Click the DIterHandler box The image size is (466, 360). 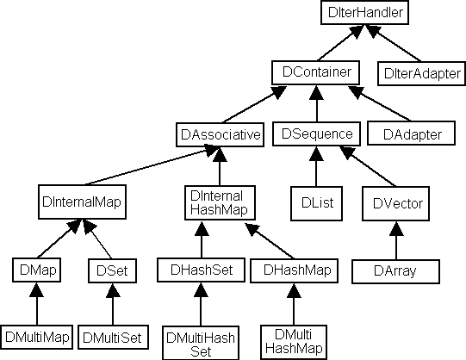click(x=364, y=12)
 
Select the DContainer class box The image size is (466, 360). click(x=315, y=72)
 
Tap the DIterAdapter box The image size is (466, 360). click(x=422, y=73)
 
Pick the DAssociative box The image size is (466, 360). click(x=220, y=134)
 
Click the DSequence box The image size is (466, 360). click(x=316, y=133)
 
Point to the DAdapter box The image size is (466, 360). click(x=412, y=133)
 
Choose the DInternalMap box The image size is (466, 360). click(x=82, y=202)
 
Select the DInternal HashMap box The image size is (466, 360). click(x=220, y=203)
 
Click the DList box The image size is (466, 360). click(x=316, y=204)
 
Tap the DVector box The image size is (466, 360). click(x=396, y=204)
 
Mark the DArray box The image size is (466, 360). click(x=396, y=272)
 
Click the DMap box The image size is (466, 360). click(x=36, y=270)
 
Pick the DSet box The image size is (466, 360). click(x=112, y=271)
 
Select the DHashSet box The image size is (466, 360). click(x=202, y=270)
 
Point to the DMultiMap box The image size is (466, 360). click(x=36, y=337)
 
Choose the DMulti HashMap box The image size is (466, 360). click(x=294, y=342)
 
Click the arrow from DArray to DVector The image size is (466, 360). click(x=396, y=240)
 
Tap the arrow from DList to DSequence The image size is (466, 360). click(x=316, y=166)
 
